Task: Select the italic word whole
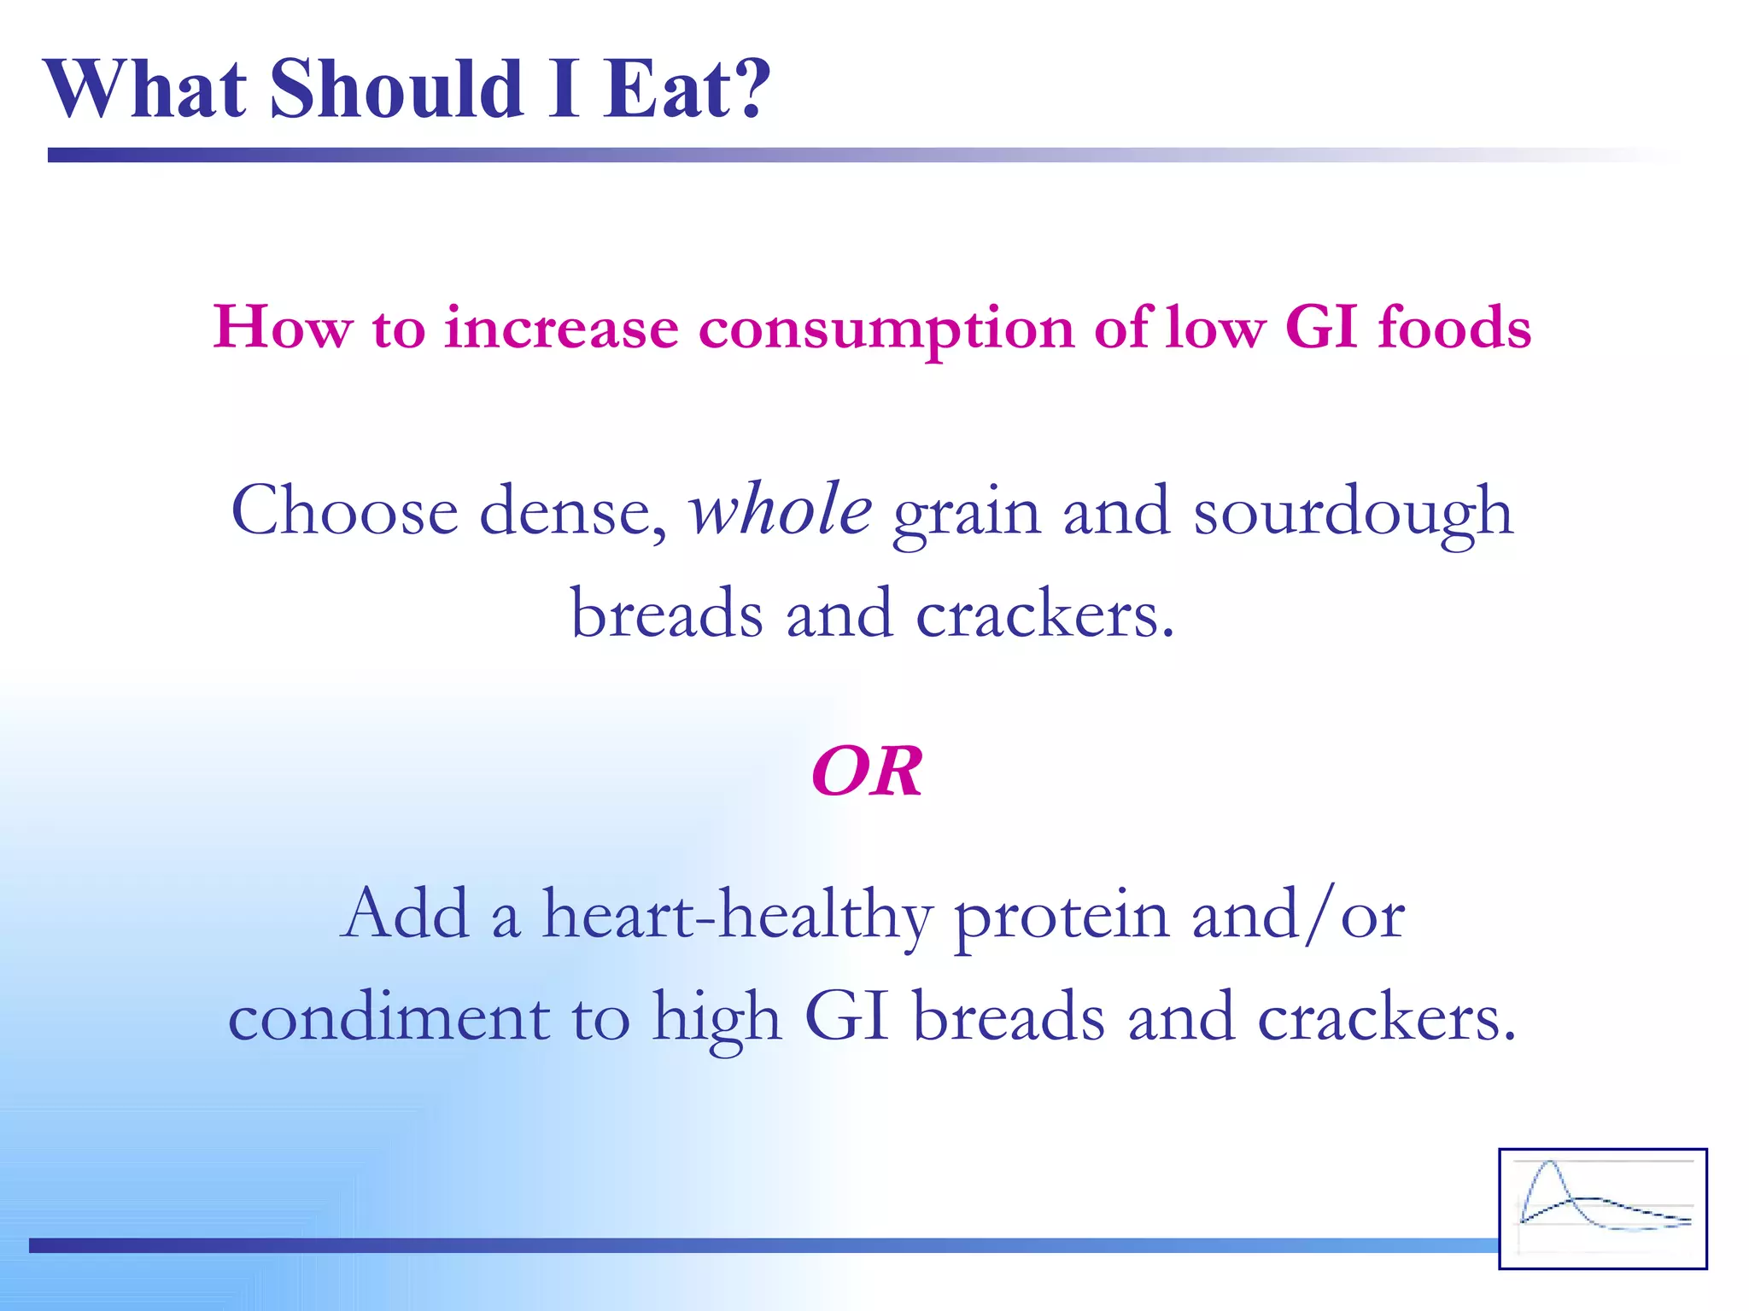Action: (781, 510)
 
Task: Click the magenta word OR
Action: (867, 772)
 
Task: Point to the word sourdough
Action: (1353, 512)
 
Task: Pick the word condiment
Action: (389, 1017)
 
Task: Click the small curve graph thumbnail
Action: (1602, 1208)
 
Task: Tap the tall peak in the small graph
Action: (1549, 1166)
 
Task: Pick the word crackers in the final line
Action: (1387, 1017)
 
